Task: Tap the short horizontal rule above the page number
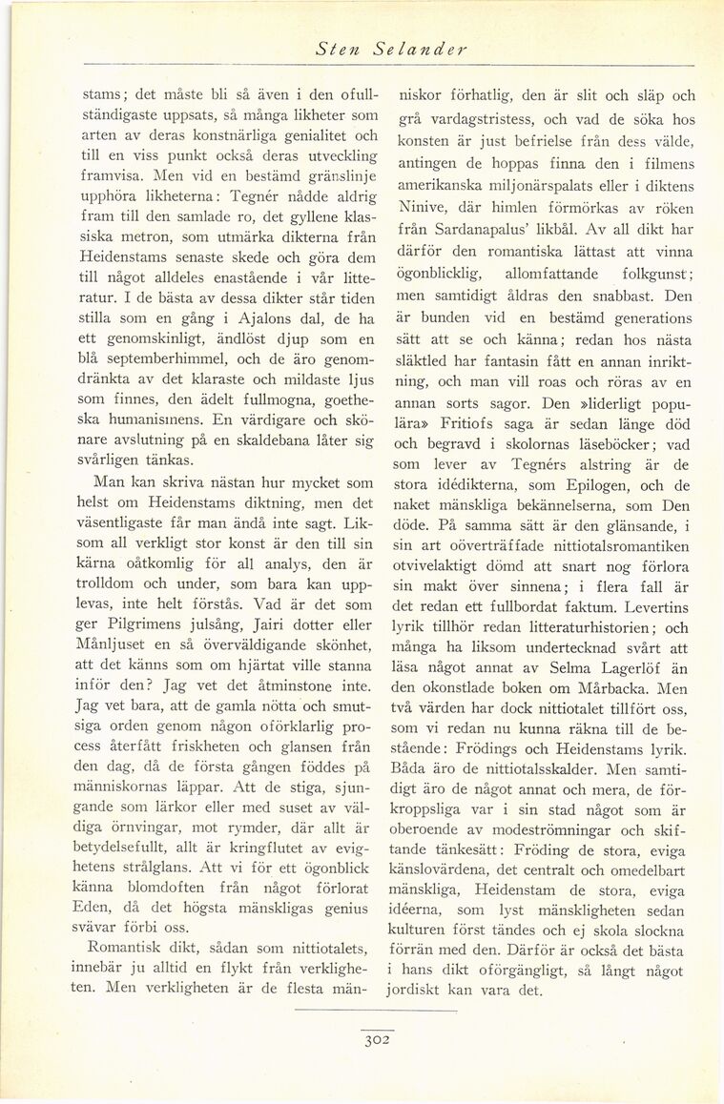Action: (377, 1009)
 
